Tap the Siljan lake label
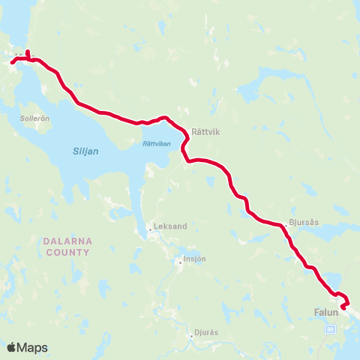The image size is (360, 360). pyautogui.click(x=85, y=150)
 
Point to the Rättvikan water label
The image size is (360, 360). pyautogui.click(x=156, y=143)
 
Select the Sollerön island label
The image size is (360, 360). pyautogui.click(x=34, y=118)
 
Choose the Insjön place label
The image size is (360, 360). pyautogui.click(x=195, y=259)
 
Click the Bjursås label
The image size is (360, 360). pyautogui.click(x=303, y=223)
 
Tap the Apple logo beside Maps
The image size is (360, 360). pyautogui.click(x=11, y=347)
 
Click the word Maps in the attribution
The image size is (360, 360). pyautogui.click(x=33, y=347)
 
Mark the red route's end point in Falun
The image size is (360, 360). pyautogui.click(x=343, y=307)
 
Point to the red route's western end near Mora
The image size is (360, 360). pyautogui.click(x=11, y=63)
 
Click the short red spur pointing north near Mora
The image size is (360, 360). pyautogui.click(x=28, y=53)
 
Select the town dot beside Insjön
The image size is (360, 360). pyautogui.click(x=181, y=260)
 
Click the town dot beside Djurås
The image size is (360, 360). pyautogui.click(x=193, y=335)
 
